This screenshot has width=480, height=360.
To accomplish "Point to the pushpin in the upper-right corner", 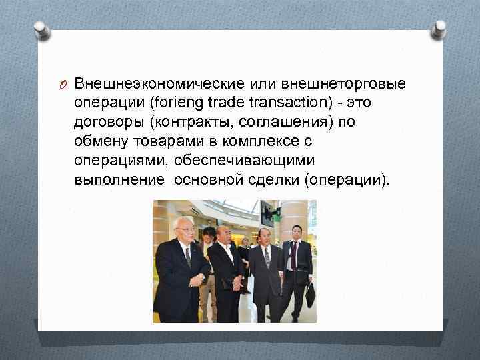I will pos(439,29).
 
